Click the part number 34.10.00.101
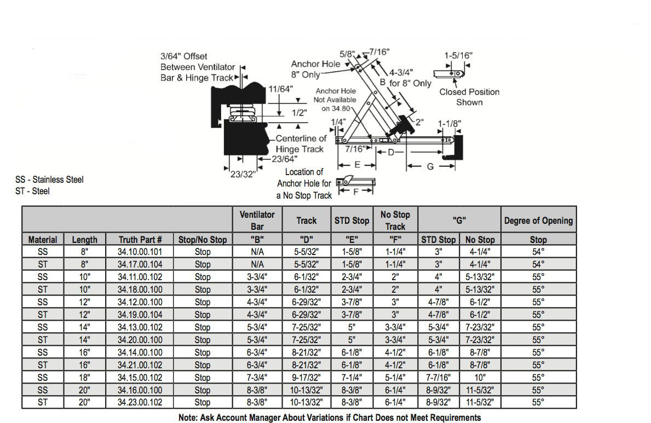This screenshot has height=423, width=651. point(140,252)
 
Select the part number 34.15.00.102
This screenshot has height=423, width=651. point(140,378)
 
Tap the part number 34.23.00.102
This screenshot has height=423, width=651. point(140,402)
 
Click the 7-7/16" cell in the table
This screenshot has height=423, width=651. point(438,378)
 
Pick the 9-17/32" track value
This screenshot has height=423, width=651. point(306,378)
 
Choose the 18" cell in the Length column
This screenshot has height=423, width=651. point(84,378)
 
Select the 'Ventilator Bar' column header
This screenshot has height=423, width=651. point(257,220)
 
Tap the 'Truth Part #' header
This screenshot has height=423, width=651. point(140,240)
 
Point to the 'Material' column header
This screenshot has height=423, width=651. point(43,240)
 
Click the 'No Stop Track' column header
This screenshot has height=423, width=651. point(395,220)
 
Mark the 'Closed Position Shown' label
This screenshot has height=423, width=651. point(469,97)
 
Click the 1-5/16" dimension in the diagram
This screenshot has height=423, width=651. point(458,55)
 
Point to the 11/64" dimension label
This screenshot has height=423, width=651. point(281,89)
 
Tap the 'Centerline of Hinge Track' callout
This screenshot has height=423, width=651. point(301,144)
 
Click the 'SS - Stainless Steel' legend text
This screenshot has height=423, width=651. point(50,179)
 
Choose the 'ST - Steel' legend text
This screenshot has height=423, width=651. point(33,191)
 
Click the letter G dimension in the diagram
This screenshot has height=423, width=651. point(430,166)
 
